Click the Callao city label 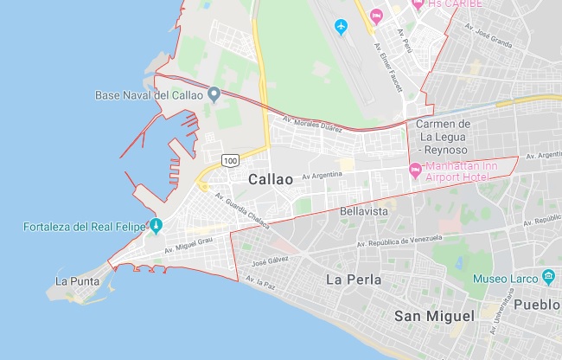click(x=270, y=179)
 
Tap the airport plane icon click(x=341, y=27)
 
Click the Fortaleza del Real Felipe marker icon click(x=156, y=227)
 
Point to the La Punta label click(x=77, y=281)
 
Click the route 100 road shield click(x=230, y=160)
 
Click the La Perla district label click(x=353, y=280)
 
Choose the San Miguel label click(x=434, y=316)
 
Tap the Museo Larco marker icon click(x=548, y=277)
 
